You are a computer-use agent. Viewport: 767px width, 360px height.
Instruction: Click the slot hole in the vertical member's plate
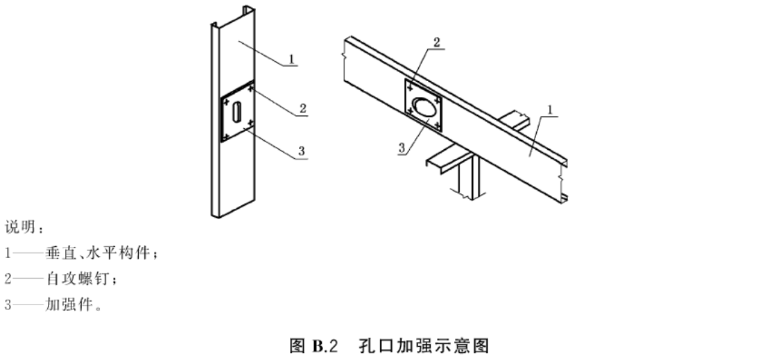[236, 112]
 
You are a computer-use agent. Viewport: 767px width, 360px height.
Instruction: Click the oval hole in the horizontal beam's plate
[422, 106]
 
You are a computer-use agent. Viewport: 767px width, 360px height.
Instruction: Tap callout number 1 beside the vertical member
[291, 59]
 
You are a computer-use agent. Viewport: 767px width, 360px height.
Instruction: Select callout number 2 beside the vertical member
[303, 109]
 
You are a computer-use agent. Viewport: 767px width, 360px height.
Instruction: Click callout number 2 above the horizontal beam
[436, 42]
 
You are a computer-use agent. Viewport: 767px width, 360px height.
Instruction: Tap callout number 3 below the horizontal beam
[402, 148]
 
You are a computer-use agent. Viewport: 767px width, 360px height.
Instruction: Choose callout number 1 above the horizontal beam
[549, 110]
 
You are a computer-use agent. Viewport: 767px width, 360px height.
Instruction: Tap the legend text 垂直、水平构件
[97, 253]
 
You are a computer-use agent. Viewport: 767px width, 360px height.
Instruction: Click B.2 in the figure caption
[325, 346]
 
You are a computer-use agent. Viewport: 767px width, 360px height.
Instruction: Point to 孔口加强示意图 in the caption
[424, 346]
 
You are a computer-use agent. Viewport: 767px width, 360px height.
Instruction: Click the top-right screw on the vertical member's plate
[250, 89]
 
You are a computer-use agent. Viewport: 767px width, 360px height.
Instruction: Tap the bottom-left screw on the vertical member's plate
[226, 135]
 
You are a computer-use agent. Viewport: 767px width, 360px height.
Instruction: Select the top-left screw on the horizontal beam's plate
[409, 87]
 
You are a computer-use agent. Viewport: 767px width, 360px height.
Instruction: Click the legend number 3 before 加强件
[8, 305]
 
